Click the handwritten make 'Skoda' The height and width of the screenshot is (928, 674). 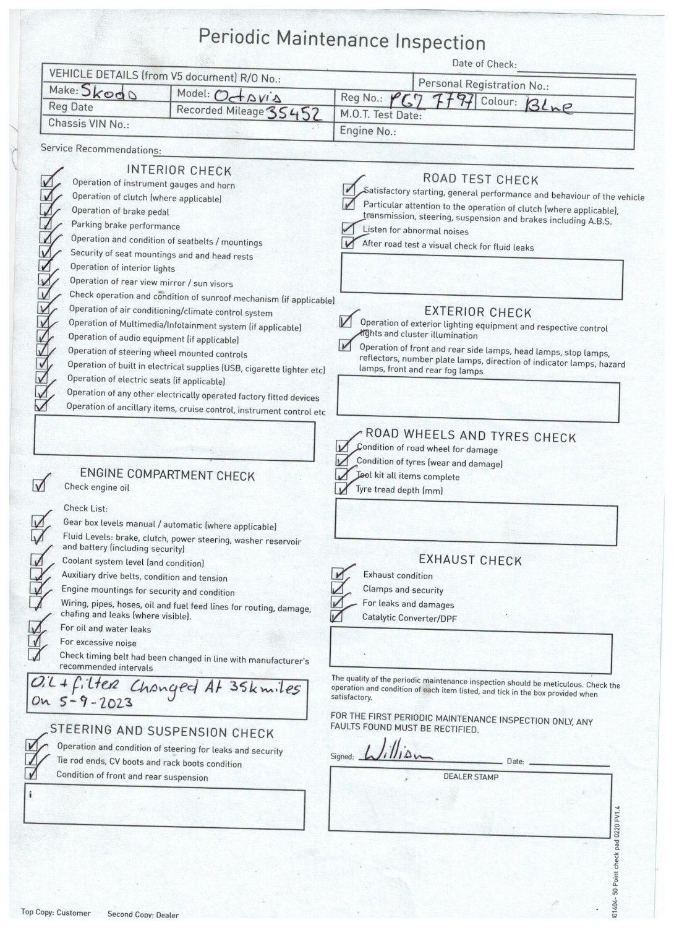108,92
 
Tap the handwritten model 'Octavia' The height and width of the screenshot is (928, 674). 249,95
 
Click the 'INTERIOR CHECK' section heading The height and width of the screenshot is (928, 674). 179,170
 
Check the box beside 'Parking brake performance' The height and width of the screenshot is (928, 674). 45,224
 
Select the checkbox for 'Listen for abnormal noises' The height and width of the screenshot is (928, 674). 348,230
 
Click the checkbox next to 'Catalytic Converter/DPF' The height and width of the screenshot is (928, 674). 336,616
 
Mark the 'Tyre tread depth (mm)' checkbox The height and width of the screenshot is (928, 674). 341,489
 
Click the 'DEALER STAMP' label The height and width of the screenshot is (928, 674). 471,776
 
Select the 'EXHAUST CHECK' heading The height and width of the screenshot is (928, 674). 470,560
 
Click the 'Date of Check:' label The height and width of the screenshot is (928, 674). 484,63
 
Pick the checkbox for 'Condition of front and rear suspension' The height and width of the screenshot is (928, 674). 31,773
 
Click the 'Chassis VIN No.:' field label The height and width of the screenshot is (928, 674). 88,123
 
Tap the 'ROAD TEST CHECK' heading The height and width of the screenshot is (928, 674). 480,179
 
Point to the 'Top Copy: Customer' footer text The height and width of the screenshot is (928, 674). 56,912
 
